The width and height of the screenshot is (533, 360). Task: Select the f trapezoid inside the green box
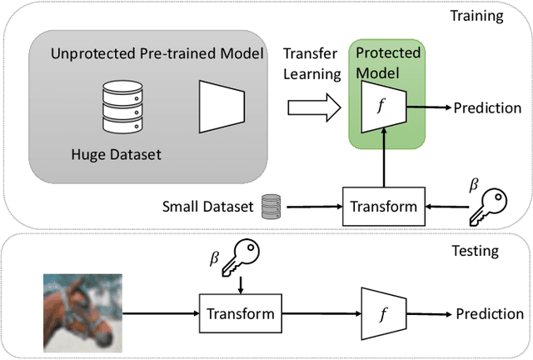click(x=381, y=108)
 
